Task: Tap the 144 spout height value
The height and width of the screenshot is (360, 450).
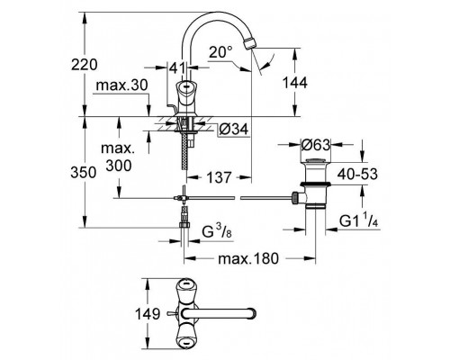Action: [318, 82]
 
